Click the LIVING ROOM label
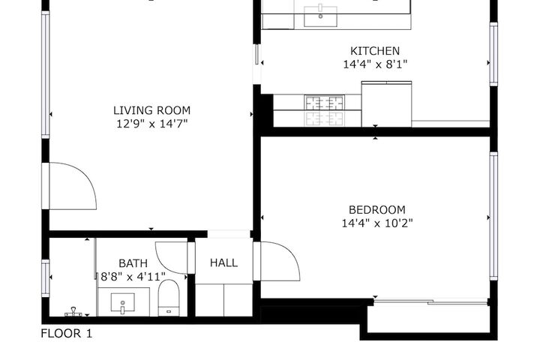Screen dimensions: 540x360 click(151, 110)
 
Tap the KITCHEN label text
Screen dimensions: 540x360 click(375, 51)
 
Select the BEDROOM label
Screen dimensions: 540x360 click(377, 210)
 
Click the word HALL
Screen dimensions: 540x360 click(223, 262)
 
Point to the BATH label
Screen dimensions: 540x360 click(133, 263)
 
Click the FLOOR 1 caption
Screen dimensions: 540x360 click(67, 334)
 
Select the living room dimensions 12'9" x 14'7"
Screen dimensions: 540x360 click(151, 124)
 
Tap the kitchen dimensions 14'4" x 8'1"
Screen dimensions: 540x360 click(375, 64)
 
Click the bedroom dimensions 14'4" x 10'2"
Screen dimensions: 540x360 click(377, 223)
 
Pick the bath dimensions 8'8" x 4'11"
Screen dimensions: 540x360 click(133, 276)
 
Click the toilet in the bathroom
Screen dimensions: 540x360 click(169, 298)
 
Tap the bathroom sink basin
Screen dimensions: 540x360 click(122, 303)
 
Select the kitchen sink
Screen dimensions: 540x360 click(320, 15)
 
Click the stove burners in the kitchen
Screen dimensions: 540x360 click(324, 111)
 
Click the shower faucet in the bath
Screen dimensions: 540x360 click(73, 312)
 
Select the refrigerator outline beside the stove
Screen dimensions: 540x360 click(386, 104)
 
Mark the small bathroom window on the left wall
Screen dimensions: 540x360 click(46, 277)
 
